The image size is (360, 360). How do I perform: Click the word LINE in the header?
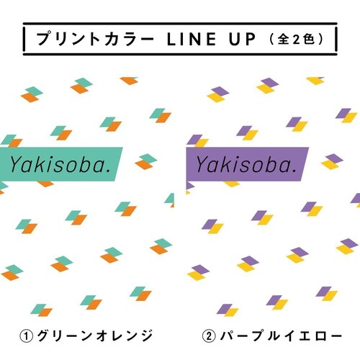pos(192,39)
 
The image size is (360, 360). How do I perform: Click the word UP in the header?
pos(242,39)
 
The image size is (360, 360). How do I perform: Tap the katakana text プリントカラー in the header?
pos(95,39)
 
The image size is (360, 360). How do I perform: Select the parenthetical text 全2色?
pos(297,39)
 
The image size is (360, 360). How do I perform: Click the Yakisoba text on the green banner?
pos(60,165)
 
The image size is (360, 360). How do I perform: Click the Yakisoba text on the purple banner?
pos(246,165)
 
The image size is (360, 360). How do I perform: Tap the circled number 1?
pos(26,336)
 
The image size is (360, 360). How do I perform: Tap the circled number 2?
pos(209,336)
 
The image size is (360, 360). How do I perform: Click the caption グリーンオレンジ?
pos(95,336)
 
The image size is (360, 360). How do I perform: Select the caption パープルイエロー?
pos(281,336)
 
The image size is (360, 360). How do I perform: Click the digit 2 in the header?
pos(297,39)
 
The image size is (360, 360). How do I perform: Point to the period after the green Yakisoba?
pos(109,171)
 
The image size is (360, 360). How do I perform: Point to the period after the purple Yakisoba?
pos(294,171)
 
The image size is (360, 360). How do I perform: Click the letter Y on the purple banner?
pos(203,165)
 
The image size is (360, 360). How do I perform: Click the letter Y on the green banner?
pos(17,165)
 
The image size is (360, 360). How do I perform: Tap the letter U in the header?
pos(235,39)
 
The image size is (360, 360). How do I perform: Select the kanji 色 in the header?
pos(309,39)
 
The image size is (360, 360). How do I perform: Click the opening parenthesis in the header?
pos(271,39)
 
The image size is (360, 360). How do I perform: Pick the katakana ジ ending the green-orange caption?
pos(145,336)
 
